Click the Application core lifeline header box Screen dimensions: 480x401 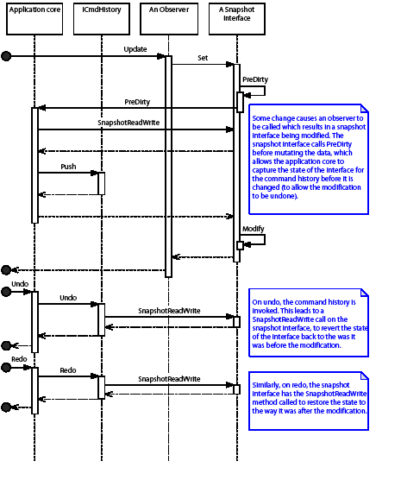[35, 18]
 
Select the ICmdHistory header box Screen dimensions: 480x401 [101, 18]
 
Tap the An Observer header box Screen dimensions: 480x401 [168, 18]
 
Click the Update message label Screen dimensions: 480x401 [135, 49]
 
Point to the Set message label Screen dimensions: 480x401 [203, 59]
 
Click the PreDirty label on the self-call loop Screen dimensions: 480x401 [255, 79]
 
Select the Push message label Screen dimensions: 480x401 [70, 166]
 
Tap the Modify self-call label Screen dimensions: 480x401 [253, 228]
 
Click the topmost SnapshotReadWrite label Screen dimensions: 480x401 [133, 123]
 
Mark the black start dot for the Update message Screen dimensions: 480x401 [6, 57]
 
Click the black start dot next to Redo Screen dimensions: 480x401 [6, 369]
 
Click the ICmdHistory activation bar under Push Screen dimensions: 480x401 [101, 183]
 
